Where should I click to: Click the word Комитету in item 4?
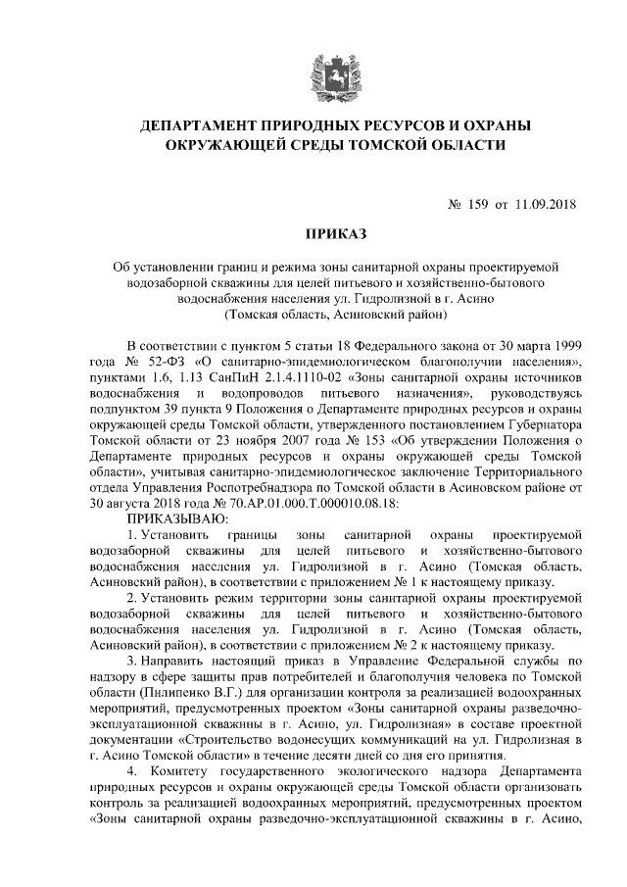190,770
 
